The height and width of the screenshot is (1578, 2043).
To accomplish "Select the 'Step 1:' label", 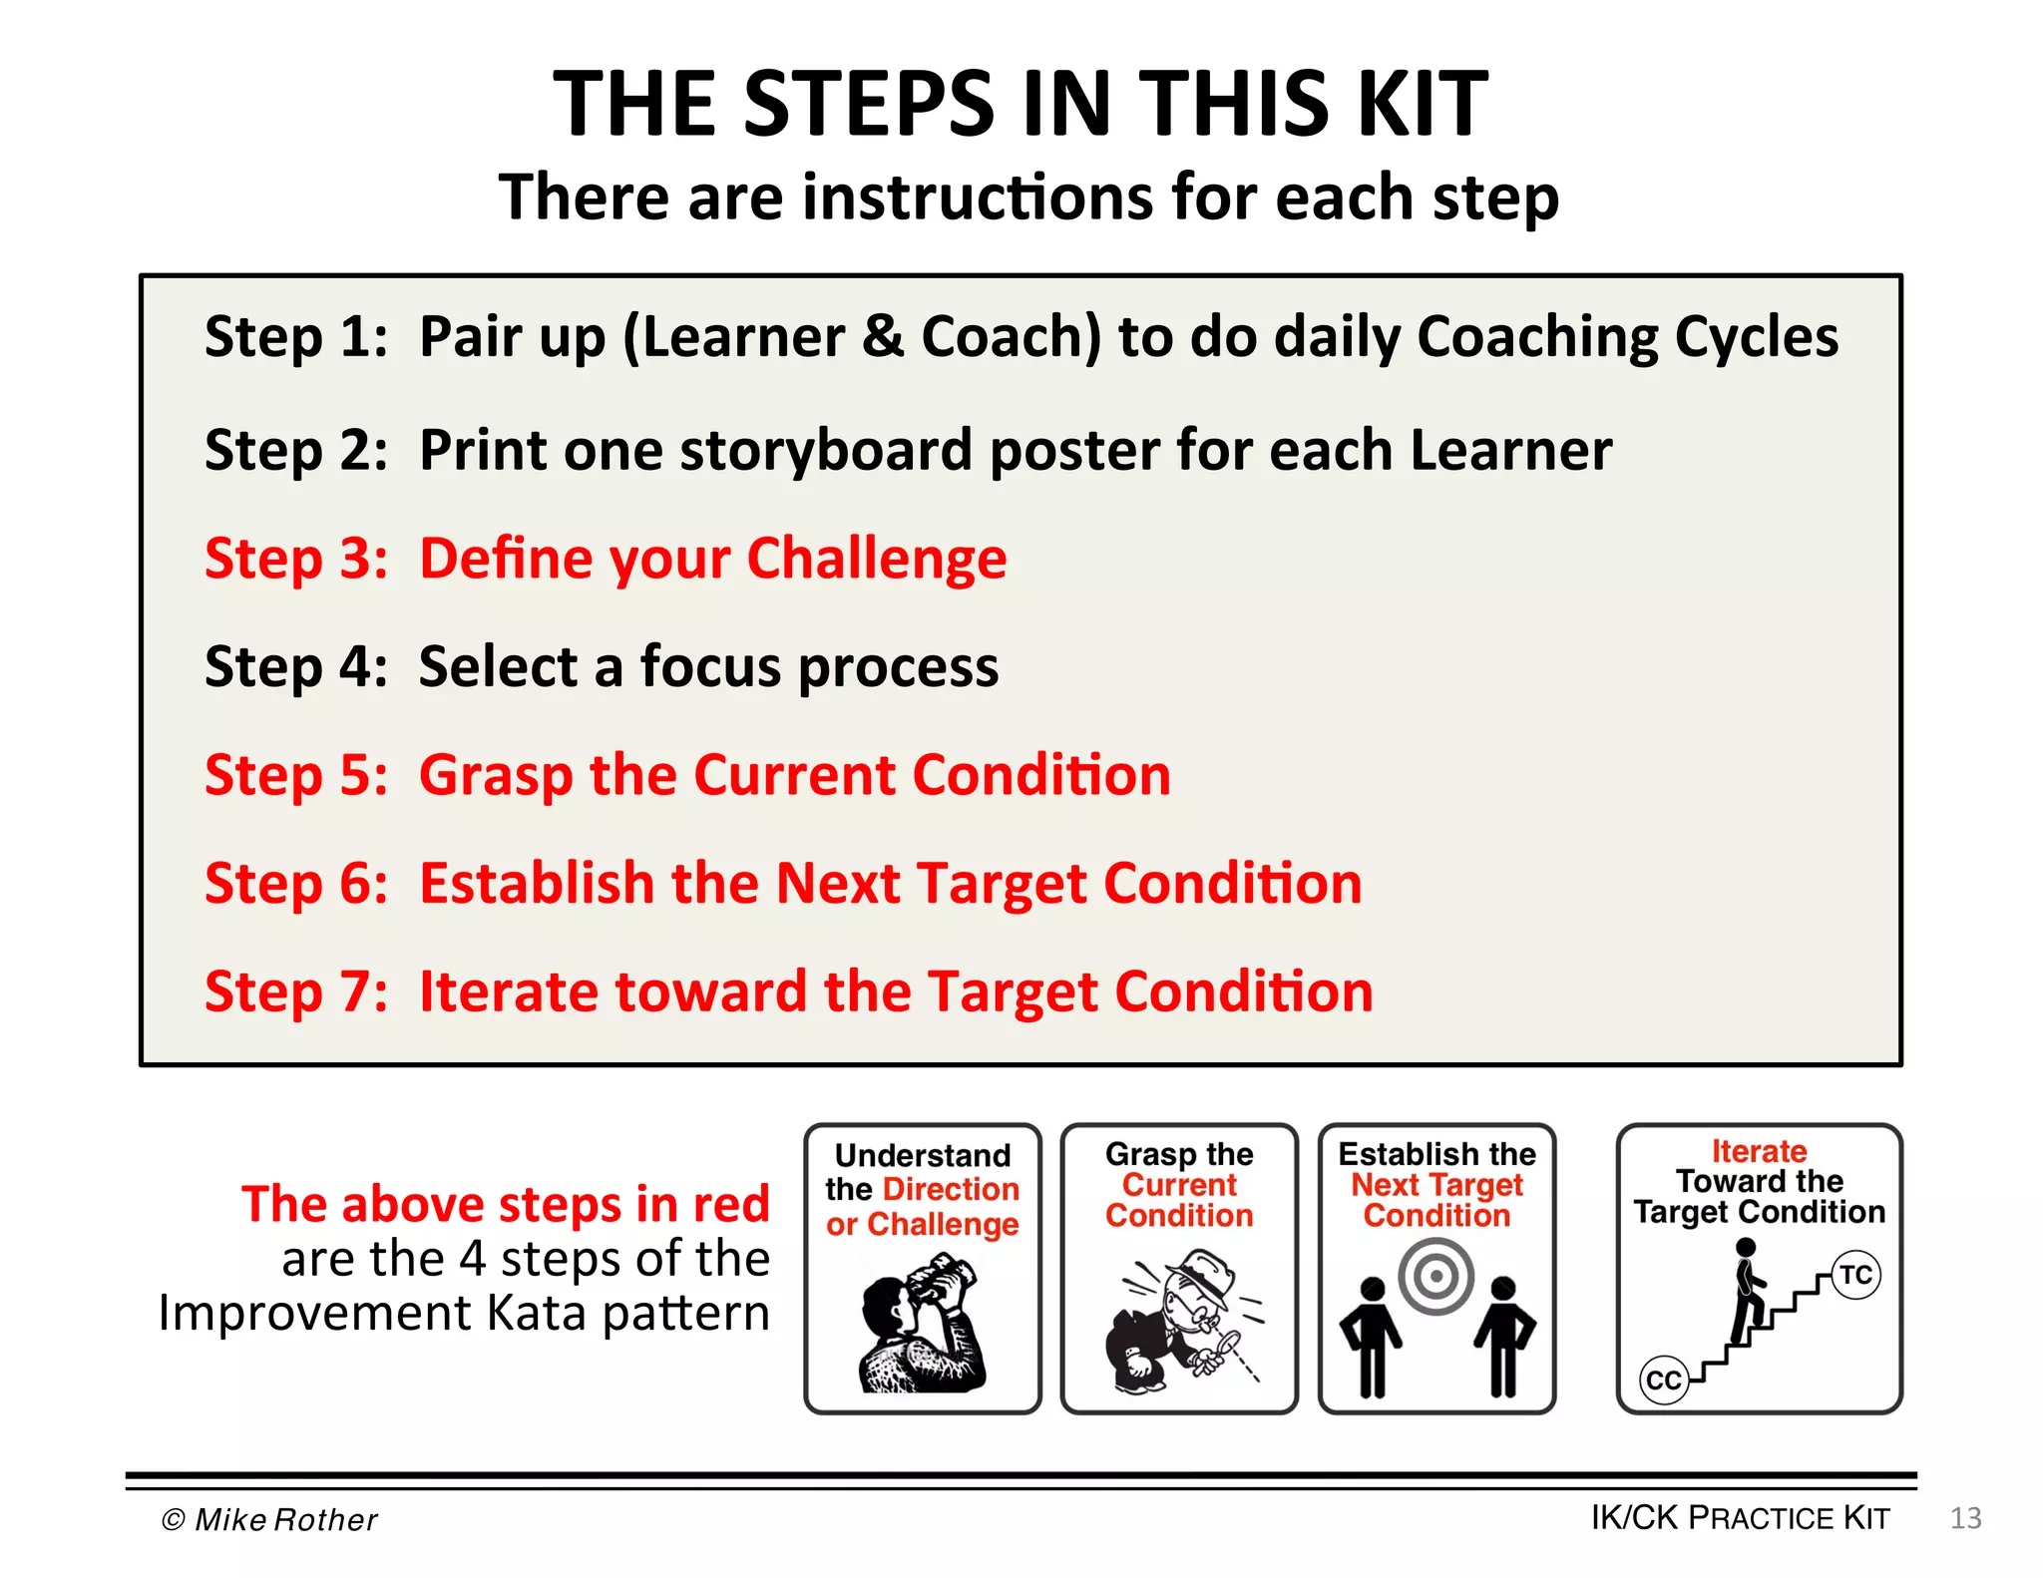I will coord(295,337).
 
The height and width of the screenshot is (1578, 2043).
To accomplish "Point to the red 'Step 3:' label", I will coord(295,559).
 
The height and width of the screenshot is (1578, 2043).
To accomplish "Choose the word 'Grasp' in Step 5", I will coord(496,776).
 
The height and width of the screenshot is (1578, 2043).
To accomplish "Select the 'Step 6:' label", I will coord(295,884).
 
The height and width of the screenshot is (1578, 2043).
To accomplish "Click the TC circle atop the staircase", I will coord(1856,1275).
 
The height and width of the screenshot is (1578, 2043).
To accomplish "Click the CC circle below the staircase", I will coord(1664,1381).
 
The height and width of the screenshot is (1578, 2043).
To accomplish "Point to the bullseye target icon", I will coord(1436,1276).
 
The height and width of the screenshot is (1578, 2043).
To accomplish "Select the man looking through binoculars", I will coord(921,1322).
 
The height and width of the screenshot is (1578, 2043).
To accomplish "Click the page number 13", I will coord(1965,1518).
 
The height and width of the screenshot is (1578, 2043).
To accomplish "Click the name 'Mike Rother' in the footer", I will coord(286,1519).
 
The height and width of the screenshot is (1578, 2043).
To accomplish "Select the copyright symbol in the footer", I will coord(173,1519).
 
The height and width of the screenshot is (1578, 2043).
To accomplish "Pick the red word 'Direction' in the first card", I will coord(952,1189).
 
